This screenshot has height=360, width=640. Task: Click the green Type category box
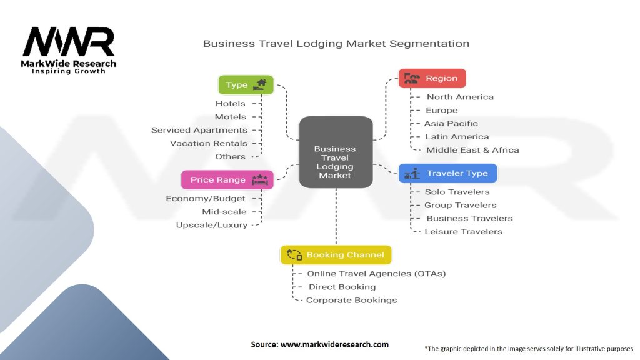click(246, 85)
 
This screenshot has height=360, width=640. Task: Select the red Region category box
click(432, 78)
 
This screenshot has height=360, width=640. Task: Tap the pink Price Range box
click(227, 179)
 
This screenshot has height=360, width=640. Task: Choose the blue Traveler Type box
click(447, 173)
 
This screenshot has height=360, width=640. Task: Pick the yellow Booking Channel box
click(336, 255)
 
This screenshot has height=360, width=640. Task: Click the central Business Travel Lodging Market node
click(336, 152)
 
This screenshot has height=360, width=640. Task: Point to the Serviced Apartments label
click(199, 130)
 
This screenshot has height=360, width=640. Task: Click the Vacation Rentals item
click(209, 143)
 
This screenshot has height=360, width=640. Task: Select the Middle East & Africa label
click(472, 150)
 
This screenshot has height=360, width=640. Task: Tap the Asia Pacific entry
click(451, 123)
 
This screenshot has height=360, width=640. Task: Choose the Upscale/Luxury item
click(212, 225)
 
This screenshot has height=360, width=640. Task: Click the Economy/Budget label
click(206, 198)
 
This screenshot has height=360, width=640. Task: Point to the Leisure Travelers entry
click(463, 231)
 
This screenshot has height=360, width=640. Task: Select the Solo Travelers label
click(457, 192)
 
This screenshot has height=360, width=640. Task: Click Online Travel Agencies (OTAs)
click(376, 274)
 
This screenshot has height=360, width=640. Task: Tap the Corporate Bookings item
click(351, 300)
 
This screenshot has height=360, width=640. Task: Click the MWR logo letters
click(69, 42)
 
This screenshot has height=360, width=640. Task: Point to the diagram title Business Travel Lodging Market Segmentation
click(336, 44)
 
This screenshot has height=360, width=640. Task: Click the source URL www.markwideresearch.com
click(335, 344)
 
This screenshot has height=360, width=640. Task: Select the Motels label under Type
click(231, 117)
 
